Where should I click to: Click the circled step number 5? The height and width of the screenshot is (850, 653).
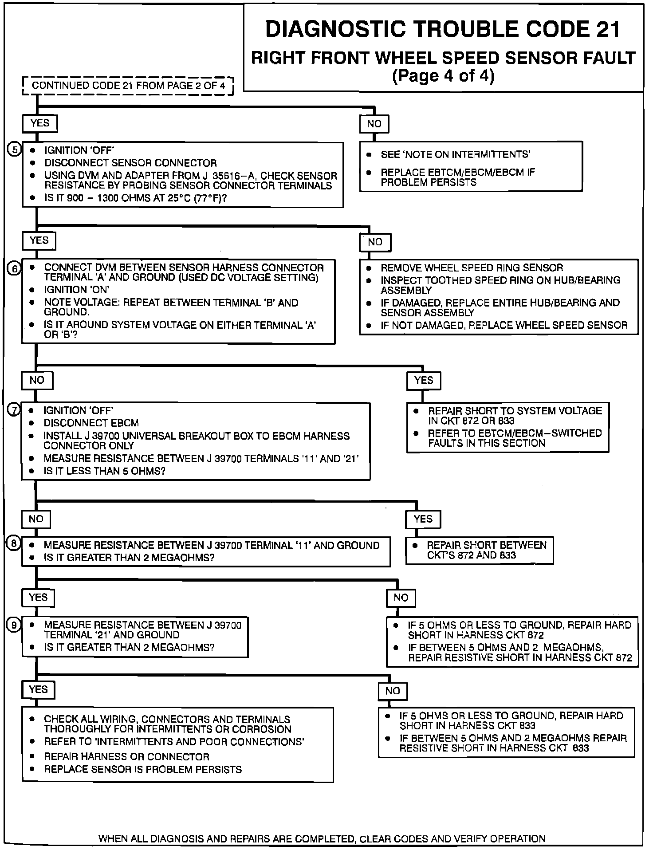pyautogui.click(x=15, y=150)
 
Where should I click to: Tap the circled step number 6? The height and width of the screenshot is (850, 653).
pyautogui.click(x=14, y=268)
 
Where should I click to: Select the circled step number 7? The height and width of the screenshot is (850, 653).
pyautogui.click(x=14, y=410)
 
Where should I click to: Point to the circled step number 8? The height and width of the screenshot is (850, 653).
pyautogui.click(x=14, y=544)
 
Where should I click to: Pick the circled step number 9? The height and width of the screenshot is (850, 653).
pyautogui.click(x=14, y=625)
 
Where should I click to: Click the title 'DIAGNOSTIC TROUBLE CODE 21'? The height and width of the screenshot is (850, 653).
pyautogui.click(x=443, y=29)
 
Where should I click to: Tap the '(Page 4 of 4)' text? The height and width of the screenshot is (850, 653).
pyautogui.click(x=443, y=76)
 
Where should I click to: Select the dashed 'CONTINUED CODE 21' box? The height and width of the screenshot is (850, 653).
pyautogui.click(x=128, y=86)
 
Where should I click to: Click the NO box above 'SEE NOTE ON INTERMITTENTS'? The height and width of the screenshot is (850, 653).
pyautogui.click(x=374, y=124)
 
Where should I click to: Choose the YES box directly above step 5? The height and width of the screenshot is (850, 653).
pyautogui.click(x=40, y=123)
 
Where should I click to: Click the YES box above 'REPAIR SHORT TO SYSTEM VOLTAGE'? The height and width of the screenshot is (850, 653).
pyautogui.click(x=423, y=380)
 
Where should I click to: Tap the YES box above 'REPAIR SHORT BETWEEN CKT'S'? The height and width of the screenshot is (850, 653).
pyautogui.click(x=423, y=519)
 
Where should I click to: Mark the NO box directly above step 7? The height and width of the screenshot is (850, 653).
pyautogui.click(x=37, y=380)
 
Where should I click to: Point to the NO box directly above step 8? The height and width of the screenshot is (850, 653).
pyautogui.click(x=36, y=519)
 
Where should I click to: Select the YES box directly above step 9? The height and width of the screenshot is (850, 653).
pyautogui.click(x=38, y=598)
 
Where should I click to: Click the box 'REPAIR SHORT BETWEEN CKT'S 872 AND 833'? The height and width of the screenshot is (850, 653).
pyautogui.click(x=479, y=550)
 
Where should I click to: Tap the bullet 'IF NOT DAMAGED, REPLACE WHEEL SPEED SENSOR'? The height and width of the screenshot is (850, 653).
pyautogui.click(x=504, y=325)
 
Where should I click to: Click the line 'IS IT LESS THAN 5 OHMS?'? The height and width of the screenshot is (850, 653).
pyautogui.click(x=104, y=471)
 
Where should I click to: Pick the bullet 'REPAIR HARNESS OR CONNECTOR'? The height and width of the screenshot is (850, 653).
pyautogui.click(x=126, y=756)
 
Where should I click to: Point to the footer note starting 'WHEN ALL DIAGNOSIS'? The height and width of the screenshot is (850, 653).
pyautogui.click(x=322, y=838)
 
